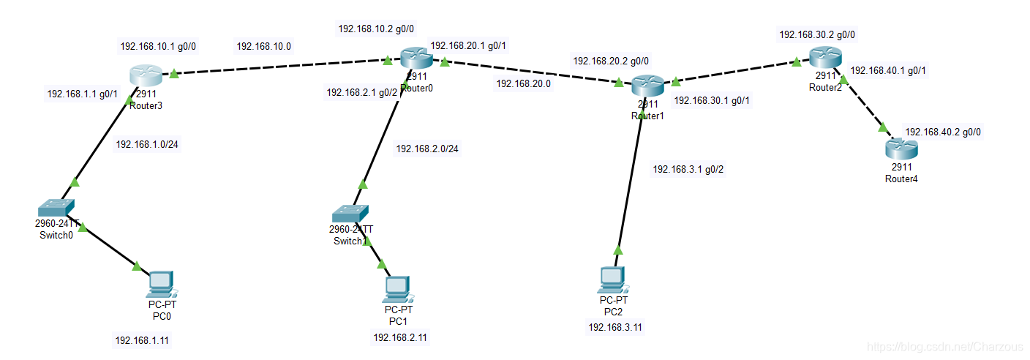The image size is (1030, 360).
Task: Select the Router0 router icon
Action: coord(416,58)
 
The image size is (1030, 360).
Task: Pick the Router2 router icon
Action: coord(824,57)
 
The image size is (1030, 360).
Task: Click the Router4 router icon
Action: coord(901,149)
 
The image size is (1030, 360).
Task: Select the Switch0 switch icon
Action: coord(56,207)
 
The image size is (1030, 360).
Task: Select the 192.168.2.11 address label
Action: coord(401,337)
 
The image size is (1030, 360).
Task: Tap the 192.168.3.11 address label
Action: coord(616,327)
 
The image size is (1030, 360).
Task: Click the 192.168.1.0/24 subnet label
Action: coord(147,144)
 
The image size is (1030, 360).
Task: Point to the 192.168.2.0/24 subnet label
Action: coord(427,149)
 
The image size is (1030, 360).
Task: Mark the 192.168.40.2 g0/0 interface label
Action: coord(943,132)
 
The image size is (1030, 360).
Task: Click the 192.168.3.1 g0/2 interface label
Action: coord(688,169)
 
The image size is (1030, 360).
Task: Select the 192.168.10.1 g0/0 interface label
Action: coord(158,46)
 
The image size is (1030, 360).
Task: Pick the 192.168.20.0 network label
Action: coord(523,83)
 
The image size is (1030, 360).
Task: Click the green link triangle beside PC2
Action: coord(618,250)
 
